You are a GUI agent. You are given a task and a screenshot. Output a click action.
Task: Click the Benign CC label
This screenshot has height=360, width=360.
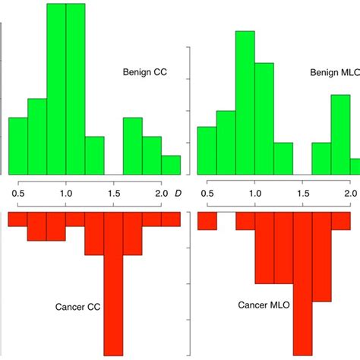[x=144, y=74]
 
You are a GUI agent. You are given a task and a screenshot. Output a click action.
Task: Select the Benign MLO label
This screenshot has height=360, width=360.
[x=334, y=74]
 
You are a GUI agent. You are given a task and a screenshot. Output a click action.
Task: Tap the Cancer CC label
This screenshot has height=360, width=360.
[x=79, y=308]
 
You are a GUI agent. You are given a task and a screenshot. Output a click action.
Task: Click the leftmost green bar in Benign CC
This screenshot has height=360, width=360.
[x=18, y=146]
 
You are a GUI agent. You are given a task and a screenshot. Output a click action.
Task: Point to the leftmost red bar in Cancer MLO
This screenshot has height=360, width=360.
[x=207, y=221]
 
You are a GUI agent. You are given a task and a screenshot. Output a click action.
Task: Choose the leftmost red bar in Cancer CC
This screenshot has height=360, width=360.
[x=18, y=219]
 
